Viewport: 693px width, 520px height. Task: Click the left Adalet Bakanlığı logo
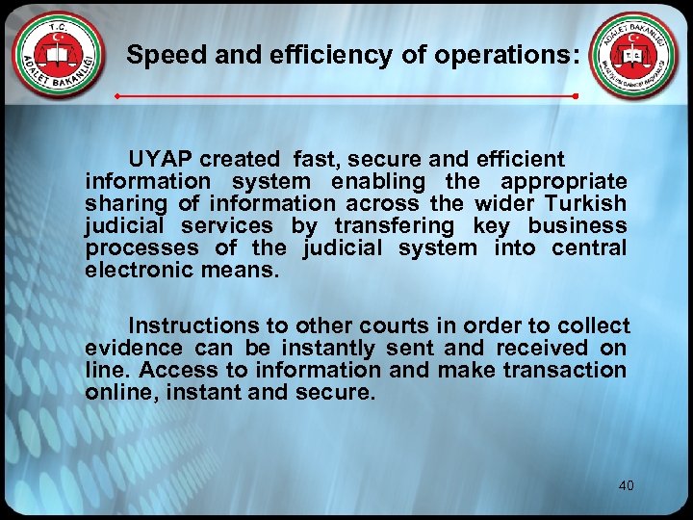click(x=60, y=57)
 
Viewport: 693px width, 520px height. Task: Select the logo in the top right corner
click(x=632, y=57)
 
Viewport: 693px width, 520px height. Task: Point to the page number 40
click(x=626, y=485)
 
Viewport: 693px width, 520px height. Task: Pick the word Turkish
click(x=588, y=203)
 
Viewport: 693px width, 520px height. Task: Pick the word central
click(x=589, y=247)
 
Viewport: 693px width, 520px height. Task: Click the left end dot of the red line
click(x=116, y=97)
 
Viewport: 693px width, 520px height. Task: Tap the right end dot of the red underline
click(x=575, y=97)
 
